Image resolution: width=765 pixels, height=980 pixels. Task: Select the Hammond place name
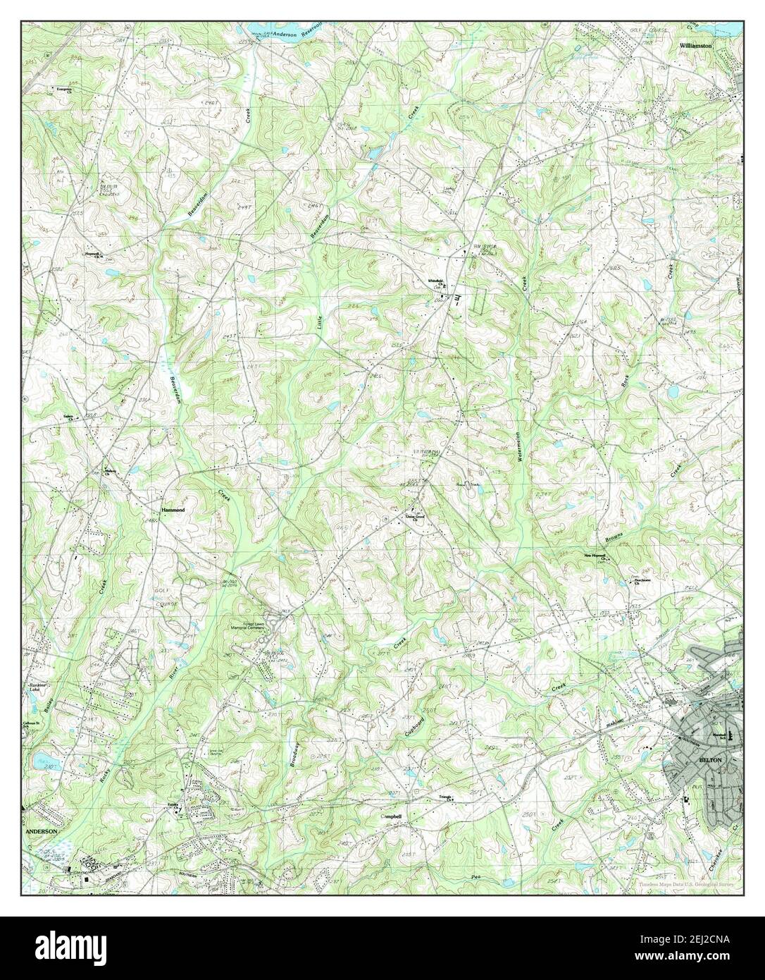coord(170,508)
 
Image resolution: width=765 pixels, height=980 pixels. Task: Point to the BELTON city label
coord(709,761)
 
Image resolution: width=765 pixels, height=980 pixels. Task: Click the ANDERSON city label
coord(40,831)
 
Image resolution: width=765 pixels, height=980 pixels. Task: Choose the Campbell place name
coord(391,816)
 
